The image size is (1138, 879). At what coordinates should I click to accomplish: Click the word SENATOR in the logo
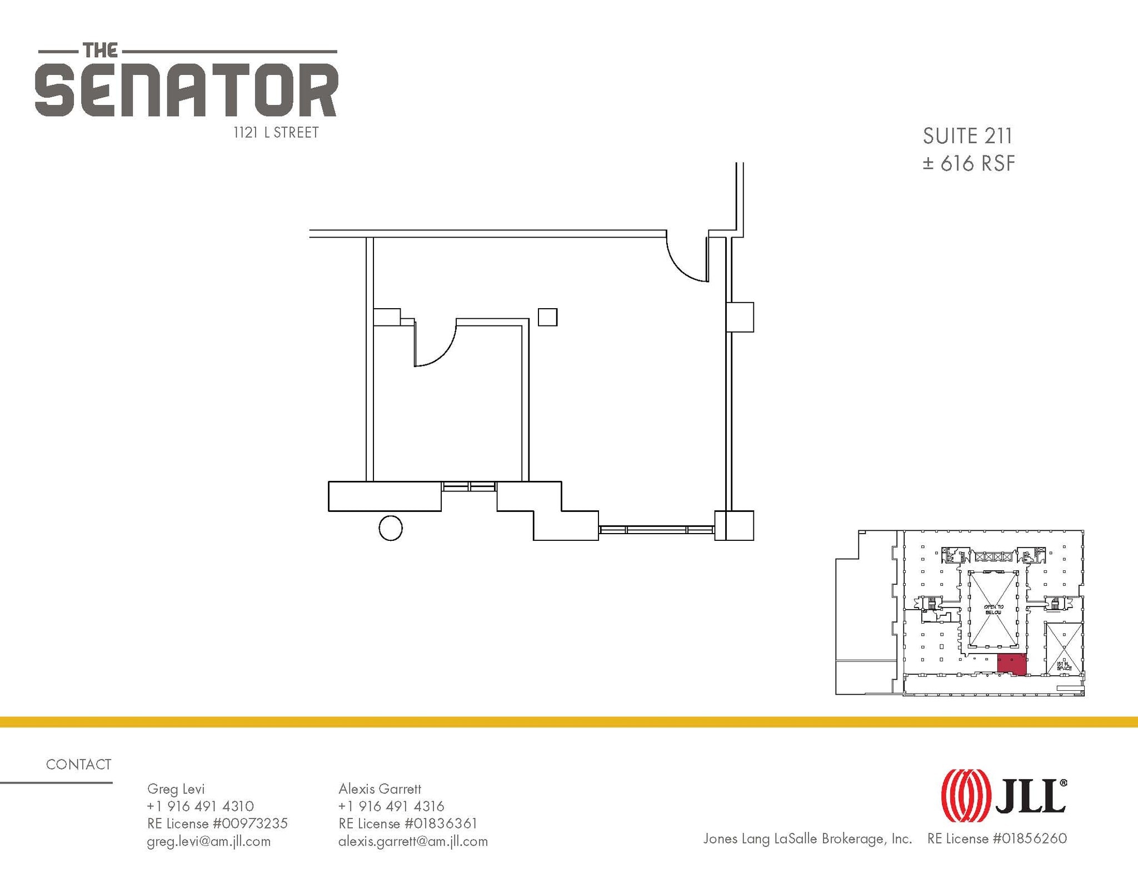[x=186, y=90]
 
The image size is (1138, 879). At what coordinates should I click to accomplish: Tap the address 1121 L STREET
[x=276, y=133]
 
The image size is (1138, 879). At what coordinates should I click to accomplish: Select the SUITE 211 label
[x=967, y=136]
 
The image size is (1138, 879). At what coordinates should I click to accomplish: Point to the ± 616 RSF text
[x=969, y=163]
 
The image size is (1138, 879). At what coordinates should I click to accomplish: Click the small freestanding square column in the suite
[x=547, y=317]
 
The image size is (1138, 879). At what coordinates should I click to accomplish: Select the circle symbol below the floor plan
[x=391, y=528]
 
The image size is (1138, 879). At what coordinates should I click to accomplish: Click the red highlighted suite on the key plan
[x=1011, y=664]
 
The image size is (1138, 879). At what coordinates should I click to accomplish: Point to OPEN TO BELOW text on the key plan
[x=994, y=609]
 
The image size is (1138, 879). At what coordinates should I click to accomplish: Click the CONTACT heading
[x=78, y=765]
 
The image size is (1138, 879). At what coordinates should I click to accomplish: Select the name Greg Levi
[x=176, y=788]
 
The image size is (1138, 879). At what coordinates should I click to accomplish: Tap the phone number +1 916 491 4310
[x=200, y=806]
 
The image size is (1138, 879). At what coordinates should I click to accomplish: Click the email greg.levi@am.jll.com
[x=208, y=841]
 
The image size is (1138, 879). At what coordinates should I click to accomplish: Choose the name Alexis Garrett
[x=380, y=788]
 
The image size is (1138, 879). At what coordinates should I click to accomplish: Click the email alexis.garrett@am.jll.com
[x=413, y=841]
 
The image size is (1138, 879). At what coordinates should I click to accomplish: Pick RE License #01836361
[x=407, y=823]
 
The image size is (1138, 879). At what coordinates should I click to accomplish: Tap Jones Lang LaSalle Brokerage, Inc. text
[x=807, y=838]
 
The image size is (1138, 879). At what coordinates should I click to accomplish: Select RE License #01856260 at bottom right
[x=997, y=838]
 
